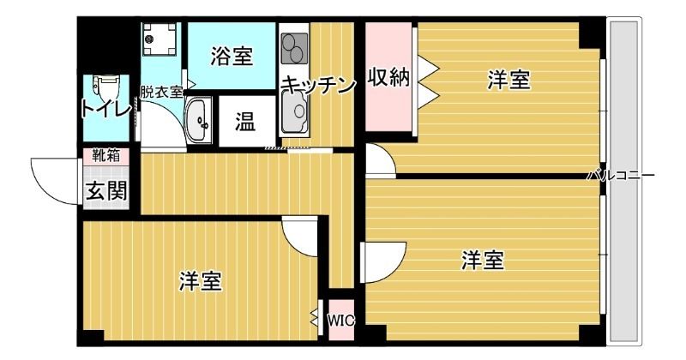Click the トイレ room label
click(105, 109)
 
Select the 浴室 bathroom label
click(232, 56)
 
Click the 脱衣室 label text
click(162, 92)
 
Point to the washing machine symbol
click(159, 39)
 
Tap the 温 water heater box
click(245, 122)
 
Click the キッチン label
click(317, 84)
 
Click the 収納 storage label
click(388, 77)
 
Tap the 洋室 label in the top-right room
click(508, 81)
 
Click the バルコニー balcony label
click(621, 175)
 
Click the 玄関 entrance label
click(105, 190)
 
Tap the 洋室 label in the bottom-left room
click(201, 280)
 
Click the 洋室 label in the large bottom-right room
click(482, 259)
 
